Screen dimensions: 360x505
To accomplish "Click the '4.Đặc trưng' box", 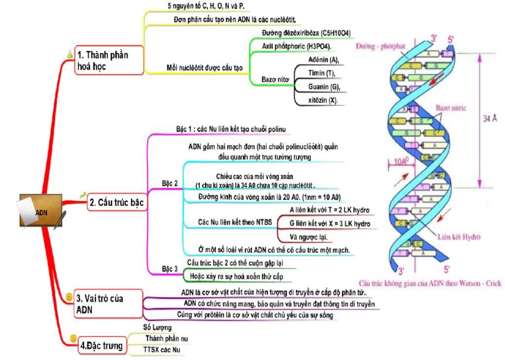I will click(101, 346).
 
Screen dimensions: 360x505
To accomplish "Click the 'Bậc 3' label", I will click(170, 269).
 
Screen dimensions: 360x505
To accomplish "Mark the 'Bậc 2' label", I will click(170, 183).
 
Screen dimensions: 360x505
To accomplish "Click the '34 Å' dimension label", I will click(489, 119).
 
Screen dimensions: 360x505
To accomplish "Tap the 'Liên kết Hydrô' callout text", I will click(459, 237).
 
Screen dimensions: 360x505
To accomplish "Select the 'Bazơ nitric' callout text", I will click(451, 108).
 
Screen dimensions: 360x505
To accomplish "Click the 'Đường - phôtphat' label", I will click(379, 46).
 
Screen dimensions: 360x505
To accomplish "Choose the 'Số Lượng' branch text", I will click(157, 327).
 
